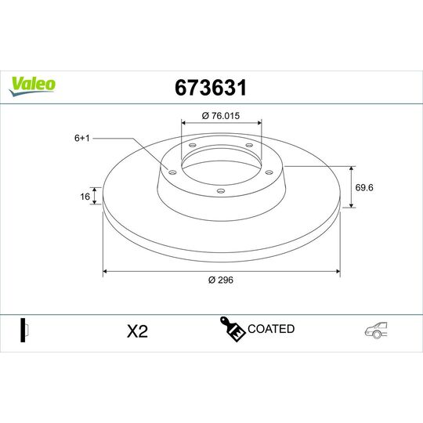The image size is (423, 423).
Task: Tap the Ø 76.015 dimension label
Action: coord(221,116)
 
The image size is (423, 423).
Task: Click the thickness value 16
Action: coord(85,197)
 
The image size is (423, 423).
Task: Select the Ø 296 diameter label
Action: coord(221,280)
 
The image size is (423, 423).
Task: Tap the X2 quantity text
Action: coord(137,331)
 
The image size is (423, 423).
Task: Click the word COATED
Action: coord(271,329)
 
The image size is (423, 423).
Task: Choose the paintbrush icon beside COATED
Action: coord(233,330)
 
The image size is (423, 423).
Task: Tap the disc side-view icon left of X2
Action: coord(23,331)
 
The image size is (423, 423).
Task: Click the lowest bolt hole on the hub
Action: coord(220,191)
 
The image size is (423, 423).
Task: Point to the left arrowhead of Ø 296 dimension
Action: coord(106,272)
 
